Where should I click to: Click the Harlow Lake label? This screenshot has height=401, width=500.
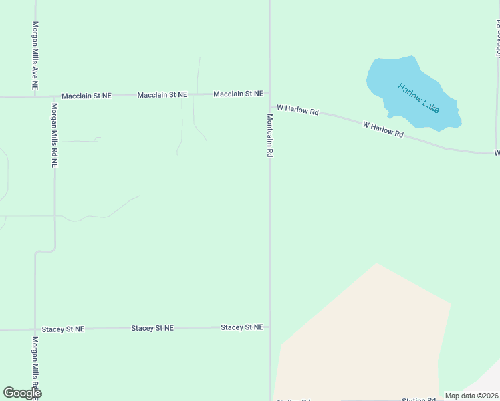(418, 98)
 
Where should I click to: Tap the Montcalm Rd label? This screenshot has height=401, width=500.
(270, 136)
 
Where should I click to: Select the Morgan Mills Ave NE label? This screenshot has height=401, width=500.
(35, 55)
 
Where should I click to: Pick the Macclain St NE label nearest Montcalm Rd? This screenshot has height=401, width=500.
(238, 94)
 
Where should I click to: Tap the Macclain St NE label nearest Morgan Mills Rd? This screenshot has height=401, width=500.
(86, 96)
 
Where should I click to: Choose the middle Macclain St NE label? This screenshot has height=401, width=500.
(162, 96)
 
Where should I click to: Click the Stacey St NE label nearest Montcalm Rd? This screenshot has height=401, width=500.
(241, 327)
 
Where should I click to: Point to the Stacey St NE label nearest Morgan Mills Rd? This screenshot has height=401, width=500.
(63, 329)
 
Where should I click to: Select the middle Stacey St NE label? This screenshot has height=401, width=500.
(152, 328)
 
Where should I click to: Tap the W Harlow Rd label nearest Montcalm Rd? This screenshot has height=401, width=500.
(297, 109)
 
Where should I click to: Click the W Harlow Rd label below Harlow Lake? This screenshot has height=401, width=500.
(383, 130)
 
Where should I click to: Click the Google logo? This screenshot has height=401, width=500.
(22, 393)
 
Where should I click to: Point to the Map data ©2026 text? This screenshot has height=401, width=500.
(471, 396)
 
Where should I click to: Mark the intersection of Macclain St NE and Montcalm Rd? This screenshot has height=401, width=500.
(270, 94)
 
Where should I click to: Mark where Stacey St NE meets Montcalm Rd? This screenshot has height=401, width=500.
(270, 327)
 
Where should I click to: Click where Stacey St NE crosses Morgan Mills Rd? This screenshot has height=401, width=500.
(35, 329)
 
